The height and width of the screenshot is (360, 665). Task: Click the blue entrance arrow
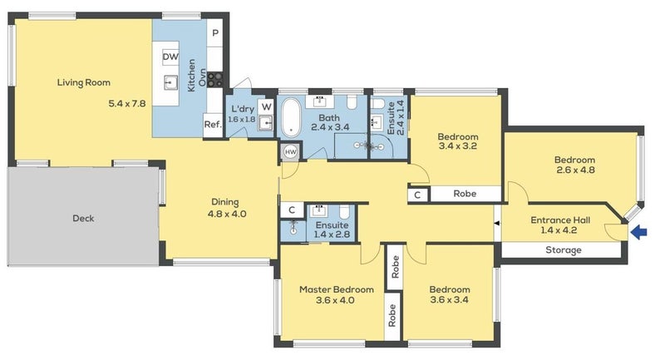(638, 233)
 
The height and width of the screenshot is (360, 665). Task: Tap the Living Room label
(84, 82)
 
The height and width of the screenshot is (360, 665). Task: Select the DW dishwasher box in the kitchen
(170, 57)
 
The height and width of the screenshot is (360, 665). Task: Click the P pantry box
(215, 33)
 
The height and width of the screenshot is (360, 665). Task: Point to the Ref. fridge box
(213, 125)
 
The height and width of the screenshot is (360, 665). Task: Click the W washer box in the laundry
(267, 106)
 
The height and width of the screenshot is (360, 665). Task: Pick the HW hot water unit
(291, 152)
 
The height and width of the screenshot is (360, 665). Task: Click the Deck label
(83, 219)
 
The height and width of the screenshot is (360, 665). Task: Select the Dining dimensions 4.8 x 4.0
(225, 214)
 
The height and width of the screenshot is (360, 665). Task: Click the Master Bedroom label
(337, 289)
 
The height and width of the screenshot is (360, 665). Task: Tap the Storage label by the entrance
(563, 250)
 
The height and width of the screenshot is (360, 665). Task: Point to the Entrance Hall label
(560, 220)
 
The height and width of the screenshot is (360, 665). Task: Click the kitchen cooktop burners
(215, 80)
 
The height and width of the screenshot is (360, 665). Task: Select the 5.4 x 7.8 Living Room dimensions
(127, 104)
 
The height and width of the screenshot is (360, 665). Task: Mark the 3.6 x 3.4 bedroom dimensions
(450, 301)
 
